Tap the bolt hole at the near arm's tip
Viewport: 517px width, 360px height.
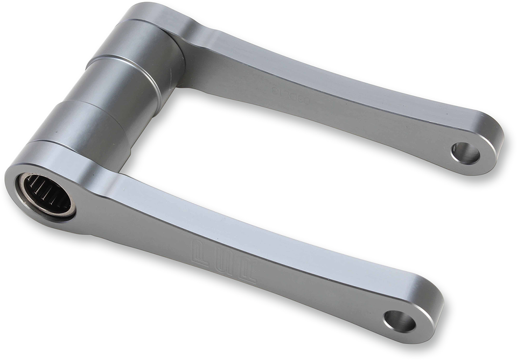coord(399,321)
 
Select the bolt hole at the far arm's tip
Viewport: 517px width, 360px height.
coord(465,153)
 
